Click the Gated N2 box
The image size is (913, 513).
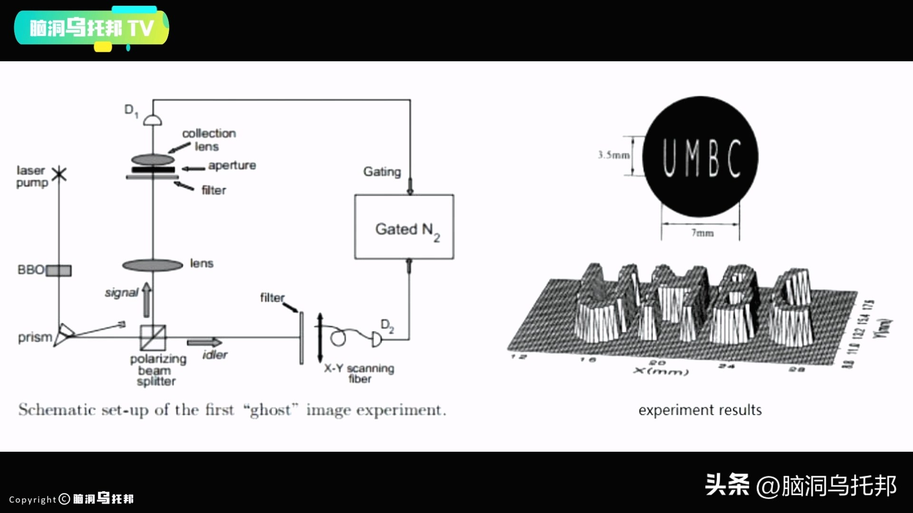404,227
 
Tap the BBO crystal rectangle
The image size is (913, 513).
58,270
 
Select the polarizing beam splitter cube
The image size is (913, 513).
153,337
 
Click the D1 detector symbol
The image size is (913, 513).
153,120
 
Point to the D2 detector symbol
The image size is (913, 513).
376,339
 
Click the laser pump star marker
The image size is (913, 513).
59,174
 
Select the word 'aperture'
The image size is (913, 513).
232,165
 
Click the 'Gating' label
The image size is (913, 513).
382,171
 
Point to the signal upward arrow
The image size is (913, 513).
146,300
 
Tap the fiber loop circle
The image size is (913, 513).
338,338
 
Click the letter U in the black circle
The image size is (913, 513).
670,159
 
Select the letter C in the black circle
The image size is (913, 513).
734,159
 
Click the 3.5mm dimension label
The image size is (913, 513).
613,155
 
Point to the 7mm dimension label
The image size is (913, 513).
702,233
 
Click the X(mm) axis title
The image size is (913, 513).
661,370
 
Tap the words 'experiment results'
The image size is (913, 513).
700,410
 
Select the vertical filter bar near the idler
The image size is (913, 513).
301,338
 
